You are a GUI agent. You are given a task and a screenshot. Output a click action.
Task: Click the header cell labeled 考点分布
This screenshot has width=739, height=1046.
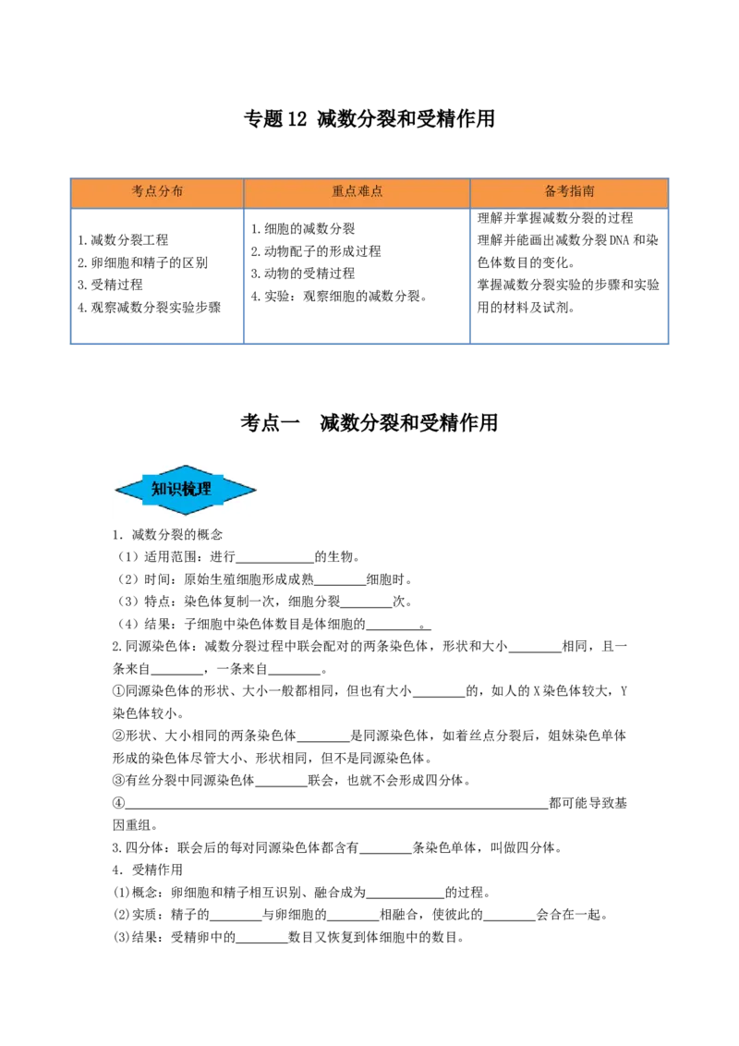pyautogui.click(x=157, y=192)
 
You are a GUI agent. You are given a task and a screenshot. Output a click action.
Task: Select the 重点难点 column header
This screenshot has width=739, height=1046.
pyautogui.click(x=357, y=192)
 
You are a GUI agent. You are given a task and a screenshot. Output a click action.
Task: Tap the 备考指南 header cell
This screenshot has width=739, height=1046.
pyautogui.click(x=569, y=192)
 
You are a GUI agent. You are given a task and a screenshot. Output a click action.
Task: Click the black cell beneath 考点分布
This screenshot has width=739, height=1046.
pyautogui.click(x=155, y=277)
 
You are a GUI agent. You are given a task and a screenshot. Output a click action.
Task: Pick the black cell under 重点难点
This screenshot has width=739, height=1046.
pyautogui.click(x=358, y=277)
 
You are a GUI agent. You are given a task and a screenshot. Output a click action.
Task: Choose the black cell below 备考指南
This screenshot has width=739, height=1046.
pyautogui.click(x=569, y=277)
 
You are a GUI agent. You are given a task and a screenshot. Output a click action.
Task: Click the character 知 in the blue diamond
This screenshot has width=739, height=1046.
pyautogui.click(x=159, y=490)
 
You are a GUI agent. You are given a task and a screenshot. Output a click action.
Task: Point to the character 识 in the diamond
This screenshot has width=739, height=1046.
pyautogui.click(x=175, y=490)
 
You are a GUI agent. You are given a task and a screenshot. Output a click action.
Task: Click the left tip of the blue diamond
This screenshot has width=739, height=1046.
pyautogui.click(x=116, y=491)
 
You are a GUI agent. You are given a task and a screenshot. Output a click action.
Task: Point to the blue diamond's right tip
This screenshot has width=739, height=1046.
pyautogui.click(x=255, y=491)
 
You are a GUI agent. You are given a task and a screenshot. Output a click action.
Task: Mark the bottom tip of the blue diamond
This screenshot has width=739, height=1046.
pyautogui.click(x=187, y=514)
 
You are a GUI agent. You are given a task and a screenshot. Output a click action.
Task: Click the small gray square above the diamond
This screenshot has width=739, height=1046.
pyautogui.click(x=186, y=461)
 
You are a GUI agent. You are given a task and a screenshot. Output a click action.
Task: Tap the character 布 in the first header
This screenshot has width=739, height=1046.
pyautogui.click(x=176, y=192)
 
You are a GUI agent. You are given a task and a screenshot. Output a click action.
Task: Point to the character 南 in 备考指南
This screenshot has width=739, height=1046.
pyautogui.click(x=588, y=192)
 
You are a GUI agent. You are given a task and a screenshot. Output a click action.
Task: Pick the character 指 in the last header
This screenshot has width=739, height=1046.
pyautogui.click(x=575, y=192)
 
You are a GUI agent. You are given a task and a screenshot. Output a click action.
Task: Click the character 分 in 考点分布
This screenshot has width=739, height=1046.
pyautogui.click(x=164, y=192)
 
